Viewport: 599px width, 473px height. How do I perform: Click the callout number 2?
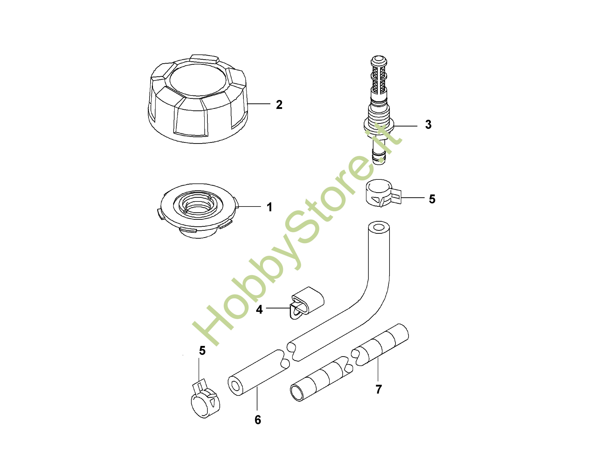[279, 105]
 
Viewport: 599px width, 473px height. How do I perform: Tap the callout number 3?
[428, 125]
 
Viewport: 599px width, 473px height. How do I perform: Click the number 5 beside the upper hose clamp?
[432, 199]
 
